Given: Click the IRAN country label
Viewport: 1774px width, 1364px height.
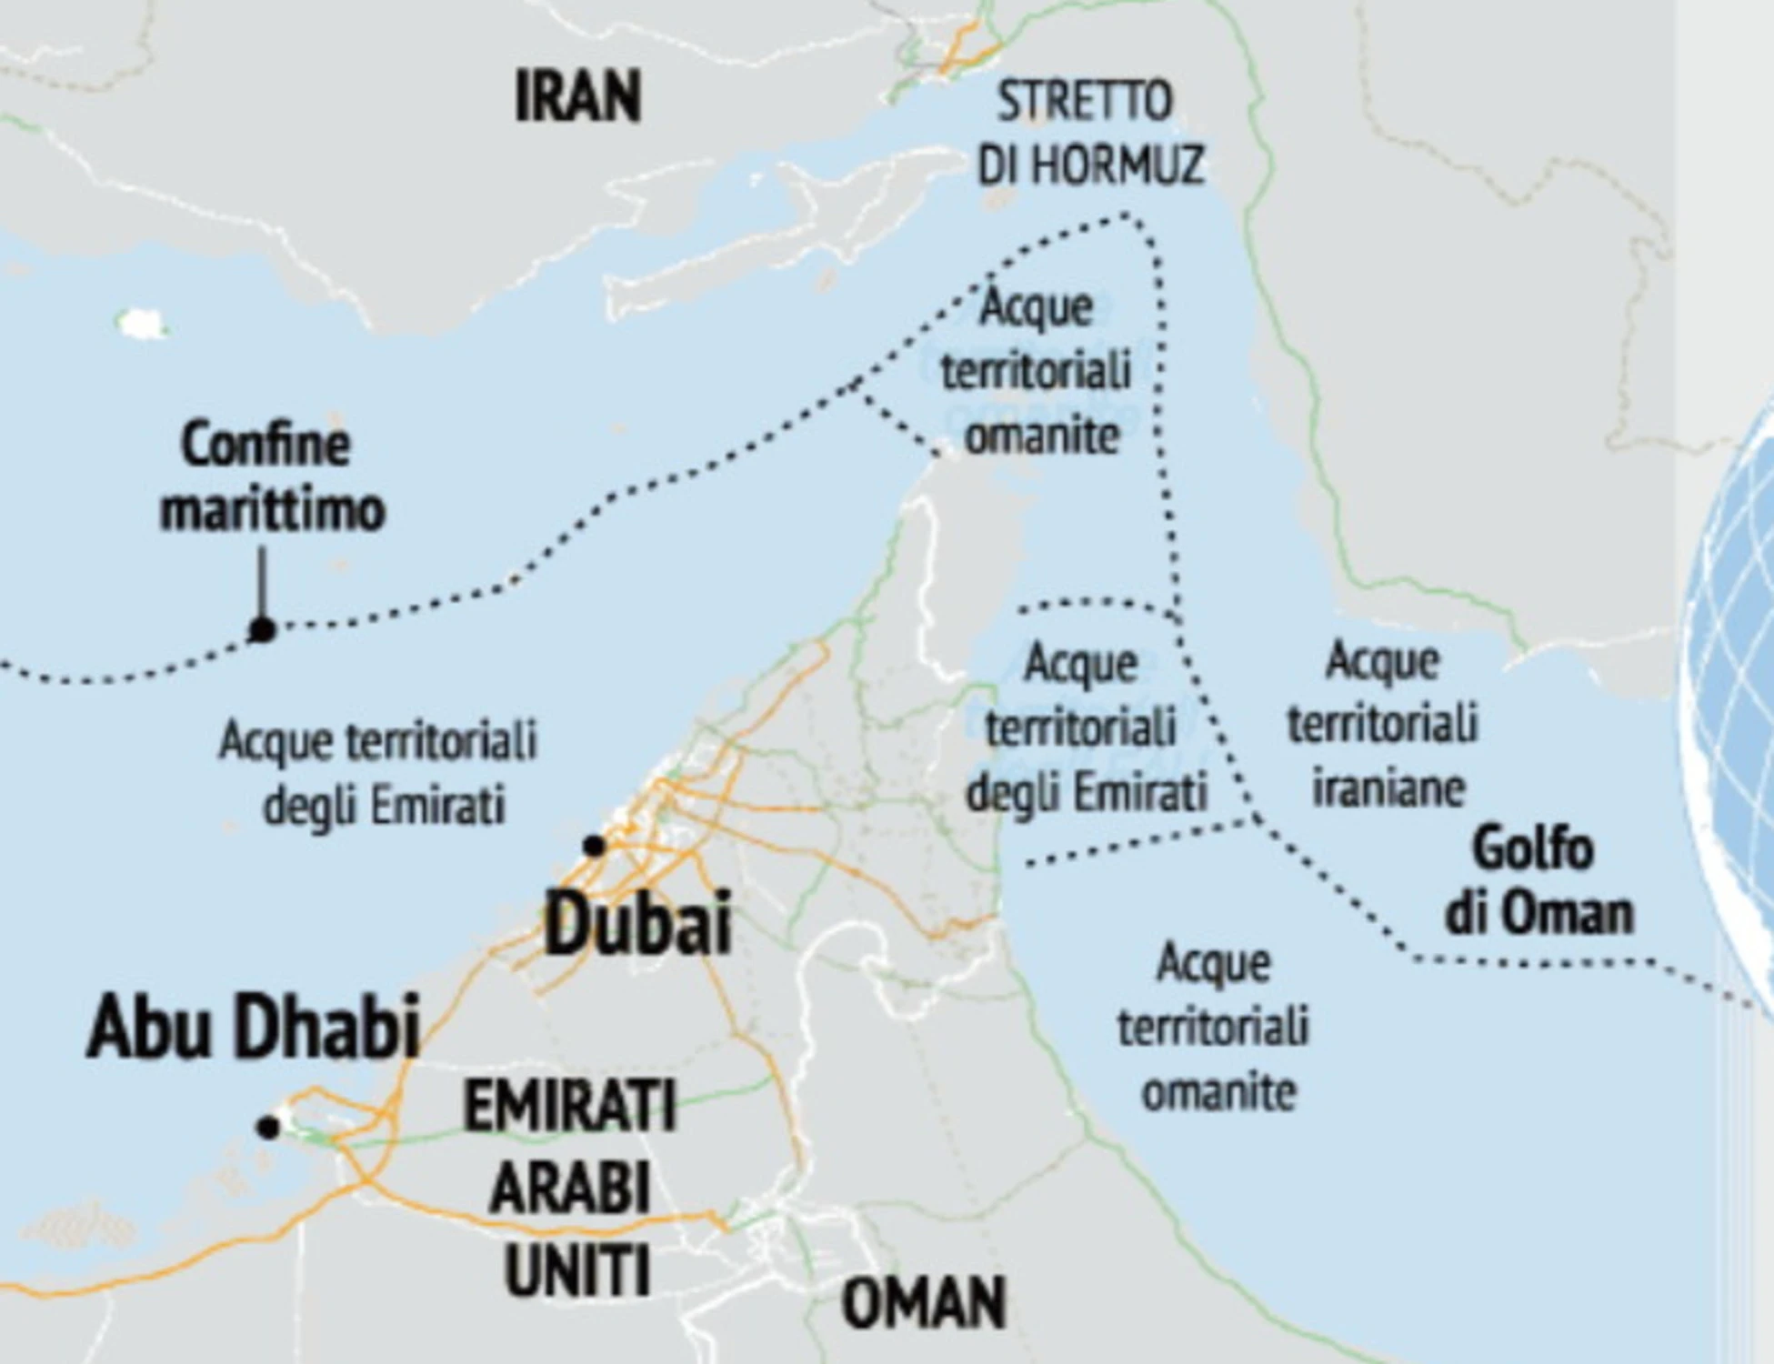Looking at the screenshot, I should [577, 96].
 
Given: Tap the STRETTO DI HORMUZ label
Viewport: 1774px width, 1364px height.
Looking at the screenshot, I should [1089, 133].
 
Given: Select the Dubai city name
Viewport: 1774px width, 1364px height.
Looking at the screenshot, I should [637, 923].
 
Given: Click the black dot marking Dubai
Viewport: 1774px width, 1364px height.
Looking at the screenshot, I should [594, 846].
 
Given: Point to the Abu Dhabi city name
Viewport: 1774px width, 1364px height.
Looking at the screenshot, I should [254, 1027].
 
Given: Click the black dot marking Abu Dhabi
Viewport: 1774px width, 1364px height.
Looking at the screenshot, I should [267, 1128].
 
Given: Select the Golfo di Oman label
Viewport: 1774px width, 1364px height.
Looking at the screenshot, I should [1538, 880].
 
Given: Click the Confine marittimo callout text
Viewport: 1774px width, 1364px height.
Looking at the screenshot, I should [272, 476].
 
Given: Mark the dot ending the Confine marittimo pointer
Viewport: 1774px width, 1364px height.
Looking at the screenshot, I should [262, 629].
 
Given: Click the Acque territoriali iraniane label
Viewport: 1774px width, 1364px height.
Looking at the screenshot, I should [1383, 724].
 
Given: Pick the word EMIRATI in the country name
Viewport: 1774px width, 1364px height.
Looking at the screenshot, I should [570, 1106].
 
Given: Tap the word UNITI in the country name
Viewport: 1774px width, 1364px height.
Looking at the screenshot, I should [577, 1269].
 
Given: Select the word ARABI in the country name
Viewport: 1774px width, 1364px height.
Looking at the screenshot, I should [570, 1188].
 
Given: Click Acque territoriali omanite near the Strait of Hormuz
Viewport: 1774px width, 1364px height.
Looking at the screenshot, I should [1037, 371].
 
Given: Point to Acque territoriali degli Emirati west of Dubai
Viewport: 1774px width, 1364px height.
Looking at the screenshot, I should [378, 773].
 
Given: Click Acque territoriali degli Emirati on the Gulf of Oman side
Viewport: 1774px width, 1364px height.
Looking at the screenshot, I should [1085, 727].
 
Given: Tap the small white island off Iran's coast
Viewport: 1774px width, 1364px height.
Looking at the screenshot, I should [140, 322].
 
